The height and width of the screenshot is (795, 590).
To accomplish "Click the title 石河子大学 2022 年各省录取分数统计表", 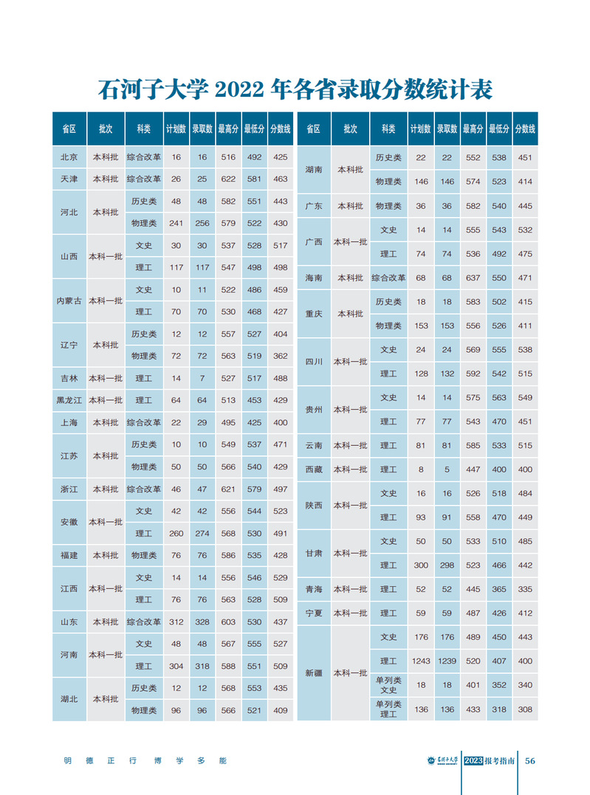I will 295,90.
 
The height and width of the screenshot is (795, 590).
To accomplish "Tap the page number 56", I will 529,762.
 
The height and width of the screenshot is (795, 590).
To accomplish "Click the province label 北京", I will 69,157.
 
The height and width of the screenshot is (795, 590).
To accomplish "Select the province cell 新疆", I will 314,673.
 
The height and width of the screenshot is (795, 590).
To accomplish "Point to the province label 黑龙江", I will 69,400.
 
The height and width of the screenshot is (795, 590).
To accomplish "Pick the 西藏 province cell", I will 314,469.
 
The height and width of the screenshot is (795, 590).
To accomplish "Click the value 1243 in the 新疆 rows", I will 421,661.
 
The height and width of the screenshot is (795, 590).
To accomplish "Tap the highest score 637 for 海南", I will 473,278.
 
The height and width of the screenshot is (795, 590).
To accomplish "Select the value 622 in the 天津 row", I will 228,179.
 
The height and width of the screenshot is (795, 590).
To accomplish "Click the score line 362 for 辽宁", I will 280,357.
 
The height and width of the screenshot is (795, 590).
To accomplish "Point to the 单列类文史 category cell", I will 388,685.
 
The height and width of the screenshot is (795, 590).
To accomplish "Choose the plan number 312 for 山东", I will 176,622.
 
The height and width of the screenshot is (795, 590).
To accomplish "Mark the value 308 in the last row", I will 525,710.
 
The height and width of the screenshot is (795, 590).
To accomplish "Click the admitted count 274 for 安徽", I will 202,534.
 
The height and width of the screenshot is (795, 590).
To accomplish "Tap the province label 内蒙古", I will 69,300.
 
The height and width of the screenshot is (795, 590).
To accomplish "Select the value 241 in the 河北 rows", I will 176,223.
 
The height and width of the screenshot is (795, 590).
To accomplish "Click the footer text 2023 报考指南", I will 490,762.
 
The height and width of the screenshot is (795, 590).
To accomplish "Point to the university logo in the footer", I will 444,761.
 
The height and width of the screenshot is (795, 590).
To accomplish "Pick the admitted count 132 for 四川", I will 447,374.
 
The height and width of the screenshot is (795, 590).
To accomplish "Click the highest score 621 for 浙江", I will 228,489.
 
